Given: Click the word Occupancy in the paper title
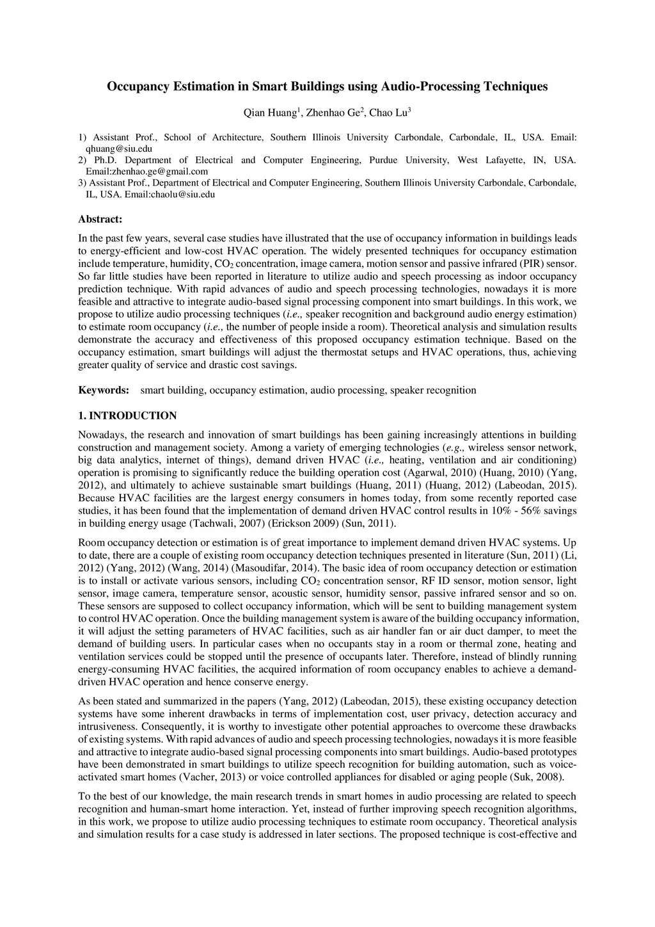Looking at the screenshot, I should click(138, 86).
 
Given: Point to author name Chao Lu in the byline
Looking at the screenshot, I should click(388, 114).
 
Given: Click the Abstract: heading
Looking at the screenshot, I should click(100, 220).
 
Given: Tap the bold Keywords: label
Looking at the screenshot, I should click(104, 391).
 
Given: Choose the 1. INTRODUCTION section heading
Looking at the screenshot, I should click(127, 416).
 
